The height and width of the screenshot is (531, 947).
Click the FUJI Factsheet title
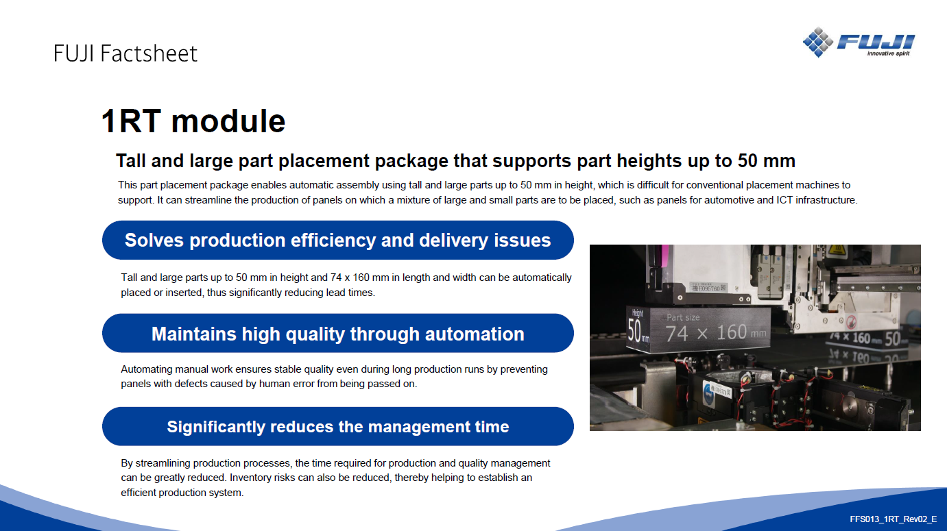125,53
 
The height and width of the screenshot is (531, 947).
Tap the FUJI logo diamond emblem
817,42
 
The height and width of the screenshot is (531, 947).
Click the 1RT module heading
193,121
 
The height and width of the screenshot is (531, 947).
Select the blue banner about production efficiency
338,240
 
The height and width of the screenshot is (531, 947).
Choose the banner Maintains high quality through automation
338,333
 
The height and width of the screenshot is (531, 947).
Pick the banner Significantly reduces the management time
338,426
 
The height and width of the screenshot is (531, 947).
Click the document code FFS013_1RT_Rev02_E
894,519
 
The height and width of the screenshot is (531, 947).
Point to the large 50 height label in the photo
635,330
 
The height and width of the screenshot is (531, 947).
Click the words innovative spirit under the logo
888,53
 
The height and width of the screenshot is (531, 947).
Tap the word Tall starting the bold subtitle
131,161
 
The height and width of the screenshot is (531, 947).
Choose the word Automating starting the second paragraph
147,369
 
